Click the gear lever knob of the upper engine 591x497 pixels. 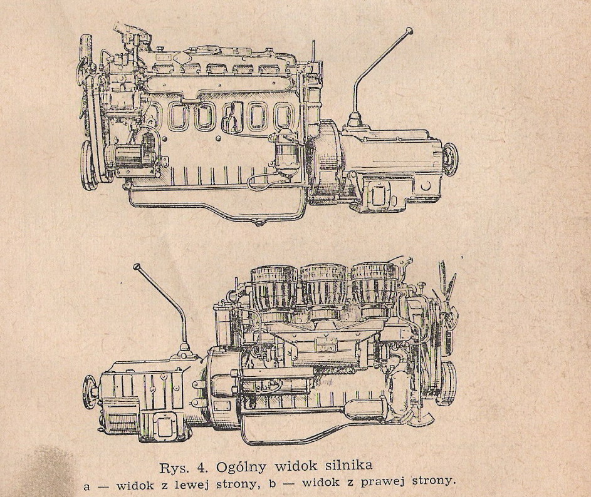pyautogui.click(x=409, y=30)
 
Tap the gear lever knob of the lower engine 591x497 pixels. pyautogui.click(x=137, y=267)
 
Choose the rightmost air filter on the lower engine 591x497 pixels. pyautogui.click(x=374, y=286)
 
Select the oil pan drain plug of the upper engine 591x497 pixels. pyautogui.click(x=258, y=224)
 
